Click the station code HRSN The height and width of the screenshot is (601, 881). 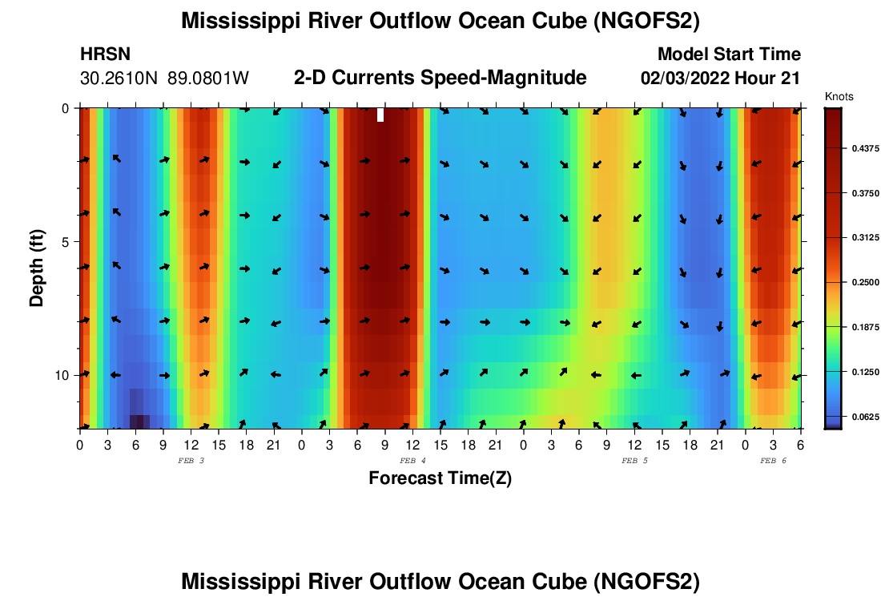pyautogui.click(x=105, y=54)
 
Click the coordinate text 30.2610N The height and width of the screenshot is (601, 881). pyautogui.click(x=119, y=79)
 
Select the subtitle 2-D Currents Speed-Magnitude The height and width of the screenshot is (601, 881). pyautogui.click(x=440, y=78)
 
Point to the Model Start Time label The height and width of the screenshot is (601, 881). pyautogui.click(x=729, y=54)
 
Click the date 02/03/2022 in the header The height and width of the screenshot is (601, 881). pyautogui.click(x=683, y=79)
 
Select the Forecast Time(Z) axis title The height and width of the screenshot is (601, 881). pyautogui.click(x=440, y=478)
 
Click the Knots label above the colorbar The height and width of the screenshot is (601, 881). pyautogui.click(x=839, y=97)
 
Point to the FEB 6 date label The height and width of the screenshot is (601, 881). pyautogui.click(x=773, y=461)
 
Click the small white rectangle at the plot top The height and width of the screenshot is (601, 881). pyautogui.click(x=380, y=115)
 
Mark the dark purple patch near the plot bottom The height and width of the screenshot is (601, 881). pyautogui.click(x=139, y=422)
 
